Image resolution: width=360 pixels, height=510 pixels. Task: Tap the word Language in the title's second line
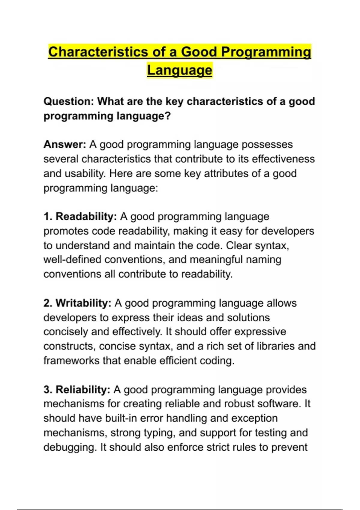179,70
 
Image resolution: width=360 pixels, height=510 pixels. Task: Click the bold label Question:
69,101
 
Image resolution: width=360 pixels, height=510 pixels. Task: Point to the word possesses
267,145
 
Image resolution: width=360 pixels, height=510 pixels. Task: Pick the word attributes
226,173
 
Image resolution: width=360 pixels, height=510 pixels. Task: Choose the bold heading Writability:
83,303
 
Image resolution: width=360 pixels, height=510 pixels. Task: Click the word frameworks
71,361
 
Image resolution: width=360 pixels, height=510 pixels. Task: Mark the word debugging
70,447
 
